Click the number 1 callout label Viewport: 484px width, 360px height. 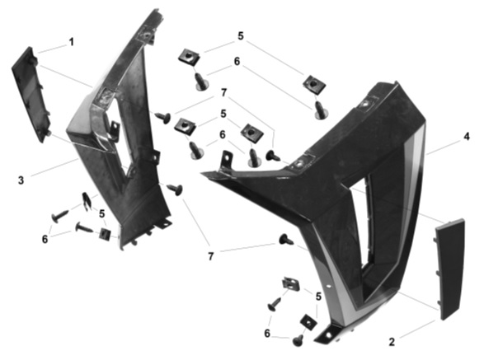tap(72, 42)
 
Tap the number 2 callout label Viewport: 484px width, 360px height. tap(392, 342)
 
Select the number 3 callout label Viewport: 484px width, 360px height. tap(21, 180)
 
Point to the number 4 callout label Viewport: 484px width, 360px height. tap(467, 137)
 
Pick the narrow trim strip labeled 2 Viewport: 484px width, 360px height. tap(449, 269)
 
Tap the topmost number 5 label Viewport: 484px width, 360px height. tap(241, 36)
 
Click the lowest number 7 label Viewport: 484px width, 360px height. tap(211, 256)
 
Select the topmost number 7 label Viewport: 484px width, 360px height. tap(223, 92)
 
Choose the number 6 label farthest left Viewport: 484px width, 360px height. tap(45, 239)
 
